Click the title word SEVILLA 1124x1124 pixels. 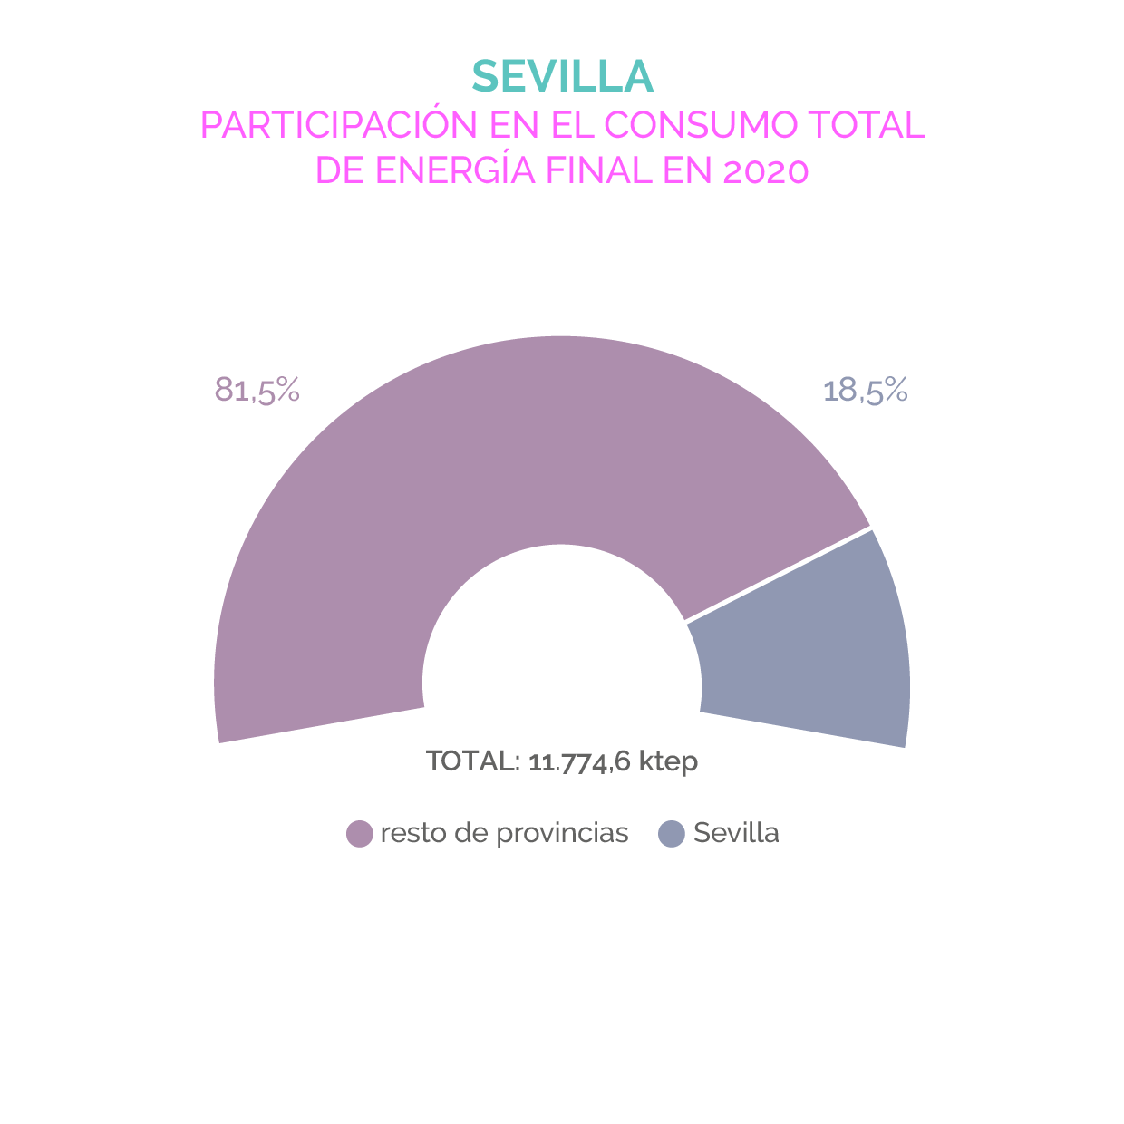click(x=562, y=77)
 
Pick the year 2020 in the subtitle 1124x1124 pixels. click(x=765, y=170)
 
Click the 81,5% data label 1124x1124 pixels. click(x=257, y=390)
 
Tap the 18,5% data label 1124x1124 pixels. click(x=865, y=390)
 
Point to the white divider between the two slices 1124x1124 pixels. click(x=778, y=575)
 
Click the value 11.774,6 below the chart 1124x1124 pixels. click(x=579, y=761)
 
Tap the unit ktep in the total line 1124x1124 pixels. click(x=668, y=761)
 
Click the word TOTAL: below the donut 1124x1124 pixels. click(x=472, y=761)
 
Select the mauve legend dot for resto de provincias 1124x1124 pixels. click(x=360, y=833)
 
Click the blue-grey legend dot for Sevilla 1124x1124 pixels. click(x=671, y=833)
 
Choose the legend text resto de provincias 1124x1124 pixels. click(x=504, y=833)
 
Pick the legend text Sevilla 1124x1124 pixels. click(x=736, y=833)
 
